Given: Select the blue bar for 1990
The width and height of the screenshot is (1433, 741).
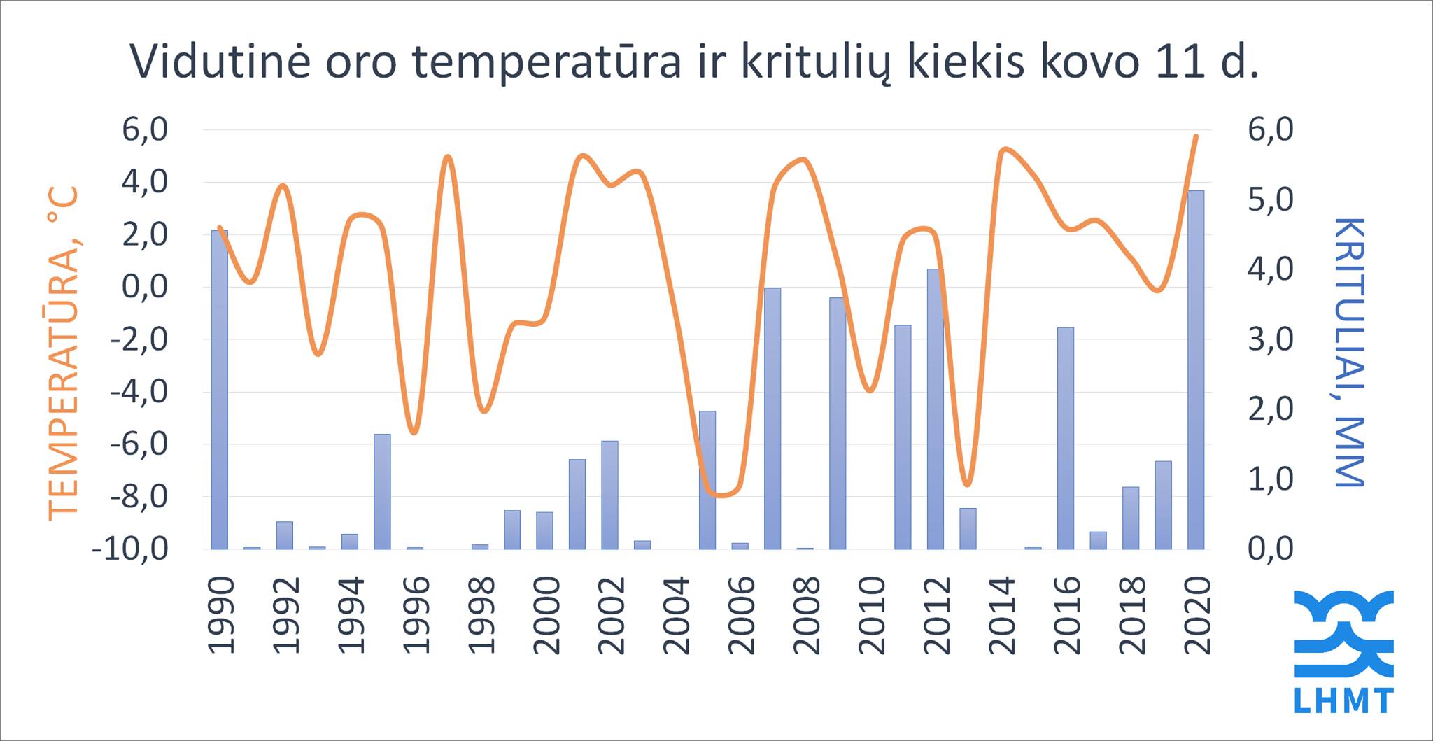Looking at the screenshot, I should tap(220, 390).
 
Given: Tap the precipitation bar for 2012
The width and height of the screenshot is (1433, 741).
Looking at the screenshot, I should tap(936, 409).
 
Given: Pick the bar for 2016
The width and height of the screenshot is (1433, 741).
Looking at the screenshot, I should tap(1066, 438).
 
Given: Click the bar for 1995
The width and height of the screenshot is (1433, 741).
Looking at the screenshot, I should tap(382, 491).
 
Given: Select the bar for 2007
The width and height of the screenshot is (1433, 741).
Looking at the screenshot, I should tap(772, 418).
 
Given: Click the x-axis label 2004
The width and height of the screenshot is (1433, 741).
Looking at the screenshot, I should tap(677, 615).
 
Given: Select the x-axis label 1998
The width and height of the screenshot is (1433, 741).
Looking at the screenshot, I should tap(481, 615).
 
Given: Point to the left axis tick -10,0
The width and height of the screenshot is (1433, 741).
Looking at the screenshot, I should tap(130, 549).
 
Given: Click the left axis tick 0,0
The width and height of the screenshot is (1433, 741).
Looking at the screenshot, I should tap(144, 287).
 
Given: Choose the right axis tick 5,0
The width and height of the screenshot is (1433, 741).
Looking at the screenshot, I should tap(1271, 199).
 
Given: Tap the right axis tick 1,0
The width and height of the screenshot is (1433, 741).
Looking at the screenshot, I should tap(1271, 479).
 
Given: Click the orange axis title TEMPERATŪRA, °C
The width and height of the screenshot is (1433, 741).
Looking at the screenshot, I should tap(63, 353).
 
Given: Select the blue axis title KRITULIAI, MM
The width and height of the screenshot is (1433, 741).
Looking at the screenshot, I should tap(1348, 352).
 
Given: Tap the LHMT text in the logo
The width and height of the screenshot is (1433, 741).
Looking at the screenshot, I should tap(1343, 701).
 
